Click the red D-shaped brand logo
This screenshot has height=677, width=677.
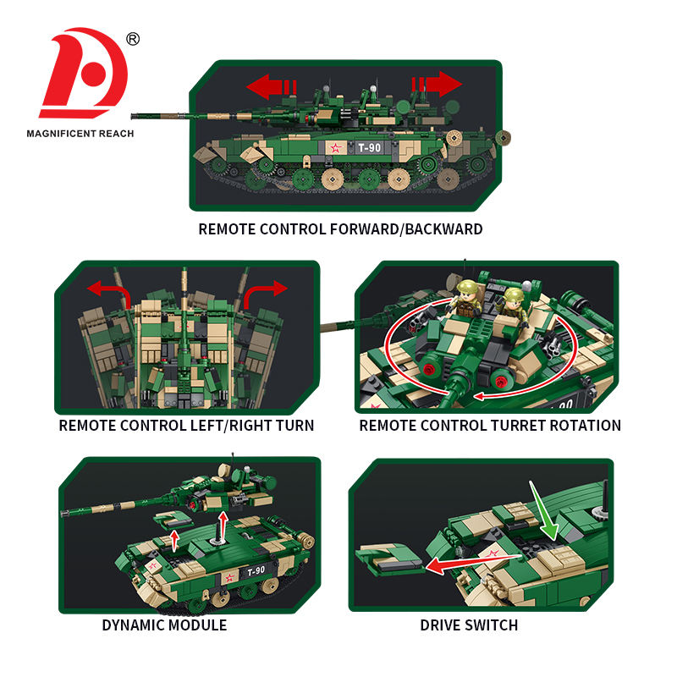tap(85, 73)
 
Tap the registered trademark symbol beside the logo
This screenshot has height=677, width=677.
tap(133, 39)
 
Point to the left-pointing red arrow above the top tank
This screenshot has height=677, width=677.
tap(271, 86)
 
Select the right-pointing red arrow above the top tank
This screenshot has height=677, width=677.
tap(437, 84)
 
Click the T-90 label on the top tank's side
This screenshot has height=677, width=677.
tap(369, 148)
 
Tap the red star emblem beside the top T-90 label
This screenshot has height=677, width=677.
tap(335, 149)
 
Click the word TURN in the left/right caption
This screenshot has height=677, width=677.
tap(295, 426)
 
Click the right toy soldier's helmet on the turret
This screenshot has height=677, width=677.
tap(514, 294)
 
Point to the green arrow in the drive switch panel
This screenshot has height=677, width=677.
tap(544, 511)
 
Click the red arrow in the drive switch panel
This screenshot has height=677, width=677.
tap(475, 563)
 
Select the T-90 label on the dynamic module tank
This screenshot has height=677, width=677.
tap(256, 571)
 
